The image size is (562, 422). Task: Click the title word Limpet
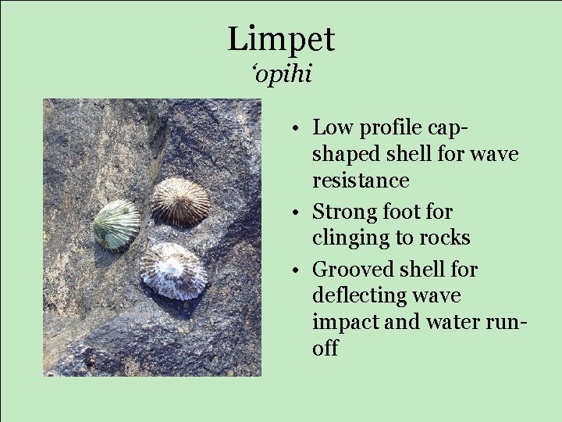(281, 39)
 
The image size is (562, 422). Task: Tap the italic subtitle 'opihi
(282, 75)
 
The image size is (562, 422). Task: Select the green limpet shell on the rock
(117, 225)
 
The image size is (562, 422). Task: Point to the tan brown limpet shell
(180, 202)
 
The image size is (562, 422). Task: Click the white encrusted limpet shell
(173, 270)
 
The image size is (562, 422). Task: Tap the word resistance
(361, 181)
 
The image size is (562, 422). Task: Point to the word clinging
(350, 238)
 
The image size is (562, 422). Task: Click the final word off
(325, 349)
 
